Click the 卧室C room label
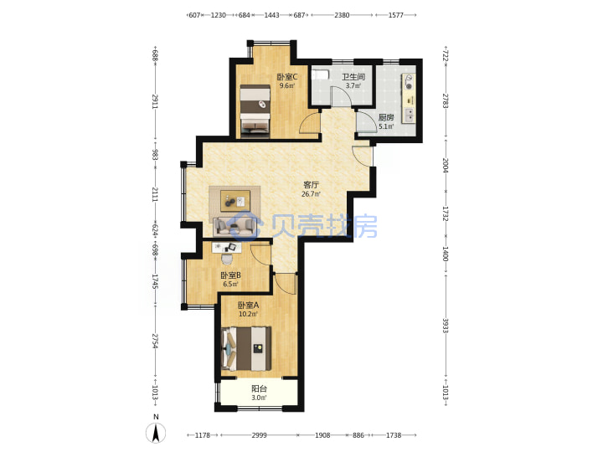[287, 77]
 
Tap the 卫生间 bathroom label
[353, 77]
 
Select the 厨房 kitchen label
[386, 118]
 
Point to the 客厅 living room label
[311, 185]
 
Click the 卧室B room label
[231, 275]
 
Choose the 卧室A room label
[248, 306]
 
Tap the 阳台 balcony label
[259, 388]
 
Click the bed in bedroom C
[255, 111]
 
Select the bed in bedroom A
[246, 348]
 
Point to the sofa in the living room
[234, 226]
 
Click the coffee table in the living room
[235, 201]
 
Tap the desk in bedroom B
[227, 248]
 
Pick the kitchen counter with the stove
[409, 99]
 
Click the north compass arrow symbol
[156, 434]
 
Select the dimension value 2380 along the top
[342, 15]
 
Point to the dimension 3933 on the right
[446, 325]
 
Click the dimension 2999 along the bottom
[259, 435]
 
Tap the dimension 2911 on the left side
[155, 100]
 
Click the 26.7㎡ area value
[311, 194]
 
